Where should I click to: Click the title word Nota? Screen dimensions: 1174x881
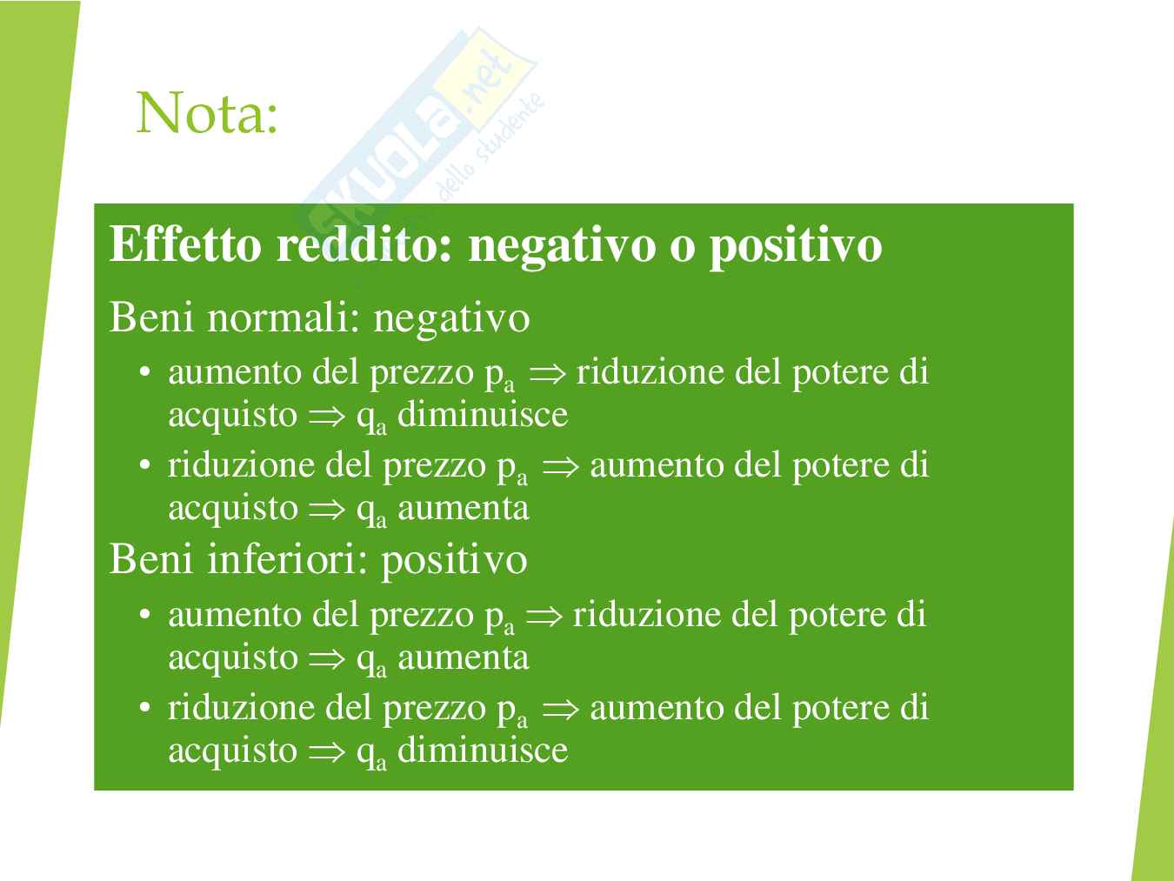(x=207, y=113)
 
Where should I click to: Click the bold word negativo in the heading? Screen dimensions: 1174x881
(x=562, y=248)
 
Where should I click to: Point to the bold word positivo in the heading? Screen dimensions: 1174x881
(x=796, y=248)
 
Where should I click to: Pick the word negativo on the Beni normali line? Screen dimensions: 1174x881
(x=451, y=321)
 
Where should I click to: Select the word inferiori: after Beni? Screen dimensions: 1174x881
(x=287, y=559)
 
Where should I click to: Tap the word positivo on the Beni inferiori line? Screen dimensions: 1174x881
(x=454, y=563)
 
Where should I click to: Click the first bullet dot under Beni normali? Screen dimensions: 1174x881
(x=144, y=371)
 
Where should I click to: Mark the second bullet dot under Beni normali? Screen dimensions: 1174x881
(x=144, y=464)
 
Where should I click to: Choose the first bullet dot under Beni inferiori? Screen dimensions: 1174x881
(x=144, y=614)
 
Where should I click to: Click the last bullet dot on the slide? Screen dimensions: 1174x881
(x=144, y=707)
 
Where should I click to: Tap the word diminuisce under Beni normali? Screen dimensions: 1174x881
(x=483, y=414)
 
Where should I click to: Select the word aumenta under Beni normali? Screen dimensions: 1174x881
(x=464, y=508)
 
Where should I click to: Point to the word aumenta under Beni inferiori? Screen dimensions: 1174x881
(x=464, y=657)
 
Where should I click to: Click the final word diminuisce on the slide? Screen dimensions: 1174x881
(x=483, y=750)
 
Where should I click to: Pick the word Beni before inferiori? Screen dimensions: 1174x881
(x=150, y=559)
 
